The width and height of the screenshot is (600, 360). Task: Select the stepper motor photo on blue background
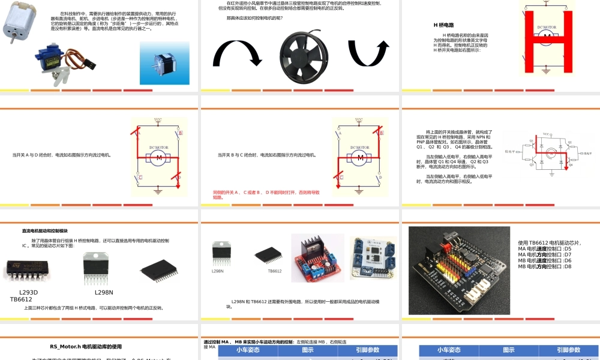tap(160, 63)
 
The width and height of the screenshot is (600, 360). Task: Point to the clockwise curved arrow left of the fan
tap(237, 54)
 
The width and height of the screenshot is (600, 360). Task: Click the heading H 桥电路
tap(443, 25)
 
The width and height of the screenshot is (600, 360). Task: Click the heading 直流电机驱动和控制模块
tap(45, 230)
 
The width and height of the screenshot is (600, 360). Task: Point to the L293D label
tap(28, 292)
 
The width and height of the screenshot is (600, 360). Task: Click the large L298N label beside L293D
tap(104, 292)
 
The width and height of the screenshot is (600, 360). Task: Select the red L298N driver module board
tap(317, 257)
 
